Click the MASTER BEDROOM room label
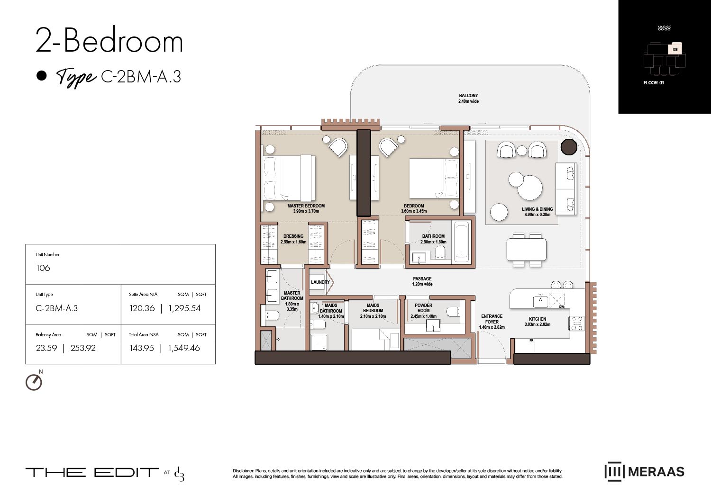pos(306,206)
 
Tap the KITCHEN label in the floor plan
pos(538,319)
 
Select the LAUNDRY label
pos(320,282)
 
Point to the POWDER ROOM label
pos(423,308)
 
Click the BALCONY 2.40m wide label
pos(468,98)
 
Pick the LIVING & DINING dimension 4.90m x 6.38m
pos(537,215)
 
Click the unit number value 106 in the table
pos(43,268)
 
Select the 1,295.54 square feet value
pos(184,308)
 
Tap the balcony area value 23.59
pos(46,348)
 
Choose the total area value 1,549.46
pos(184,348)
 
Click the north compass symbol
pos(34,382)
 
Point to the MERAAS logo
pos(644,472)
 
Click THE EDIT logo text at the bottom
pos(92,472)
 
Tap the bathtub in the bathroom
pos(461,242)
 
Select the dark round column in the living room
pos(569,147)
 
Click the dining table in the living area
pos(526,249)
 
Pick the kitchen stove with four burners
pos(576,323)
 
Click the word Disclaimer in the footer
pos(243,471)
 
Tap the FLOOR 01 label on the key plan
pos(653,83)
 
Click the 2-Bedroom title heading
pos(109,41)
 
